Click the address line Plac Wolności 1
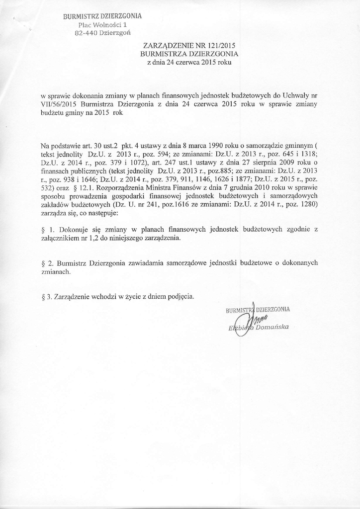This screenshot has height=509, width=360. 103,24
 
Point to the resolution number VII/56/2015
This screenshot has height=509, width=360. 59,104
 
